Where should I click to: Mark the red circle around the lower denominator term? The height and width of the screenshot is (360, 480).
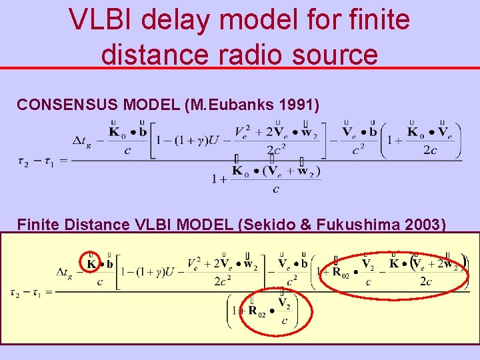coord(269,311)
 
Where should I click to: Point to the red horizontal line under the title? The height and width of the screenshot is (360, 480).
coord(240,67)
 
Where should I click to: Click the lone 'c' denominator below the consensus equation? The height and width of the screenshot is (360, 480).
coord(276,189)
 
